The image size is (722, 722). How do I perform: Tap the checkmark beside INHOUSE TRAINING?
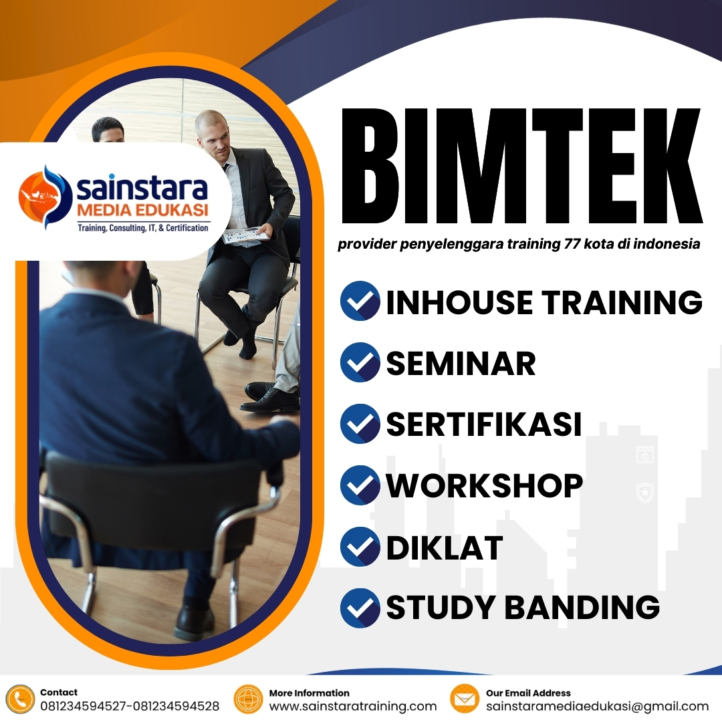click(360, 302)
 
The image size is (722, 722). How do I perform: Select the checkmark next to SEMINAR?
click(360, 362)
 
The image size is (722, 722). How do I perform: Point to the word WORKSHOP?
click(485, 485)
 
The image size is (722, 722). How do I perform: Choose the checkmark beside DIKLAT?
click(360, 546)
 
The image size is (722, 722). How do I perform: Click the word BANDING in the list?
click(582, 607)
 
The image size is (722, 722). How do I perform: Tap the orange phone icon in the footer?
click(20, 699)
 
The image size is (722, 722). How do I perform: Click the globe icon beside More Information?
click(248, 699)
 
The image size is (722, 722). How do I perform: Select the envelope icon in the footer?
click(465, 699)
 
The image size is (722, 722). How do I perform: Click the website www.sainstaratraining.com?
click(353, 707)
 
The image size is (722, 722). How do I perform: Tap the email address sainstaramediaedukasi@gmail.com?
click(597, 707)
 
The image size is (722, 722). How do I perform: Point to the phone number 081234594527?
click(84, 707)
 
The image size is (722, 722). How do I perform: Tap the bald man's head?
click(213, 130)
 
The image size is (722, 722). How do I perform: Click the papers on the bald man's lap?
click(245, 235)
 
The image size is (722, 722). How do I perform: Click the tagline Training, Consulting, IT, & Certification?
click(142, 228)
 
